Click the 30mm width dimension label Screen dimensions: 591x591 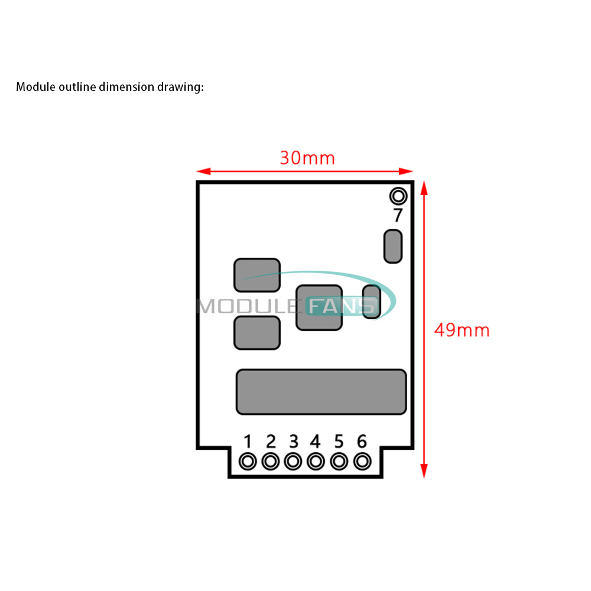point(307,158)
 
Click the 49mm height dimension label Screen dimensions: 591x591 point(462,330)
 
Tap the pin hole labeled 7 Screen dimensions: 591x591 point(398,196)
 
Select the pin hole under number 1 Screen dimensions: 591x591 point(248,461)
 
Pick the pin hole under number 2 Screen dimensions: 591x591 point(271,461)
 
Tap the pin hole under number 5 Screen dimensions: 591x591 point(339,461)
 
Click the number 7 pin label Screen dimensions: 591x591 point(398,215)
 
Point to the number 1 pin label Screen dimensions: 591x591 point(248,441)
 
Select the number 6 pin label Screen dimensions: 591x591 point(362,441)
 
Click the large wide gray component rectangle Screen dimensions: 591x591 point(321,392)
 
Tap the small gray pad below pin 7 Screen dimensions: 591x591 point(393,246)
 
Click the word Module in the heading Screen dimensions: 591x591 point(34,87)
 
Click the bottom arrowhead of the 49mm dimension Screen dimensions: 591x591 point(424,471)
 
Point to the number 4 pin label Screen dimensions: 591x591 point(316,441)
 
